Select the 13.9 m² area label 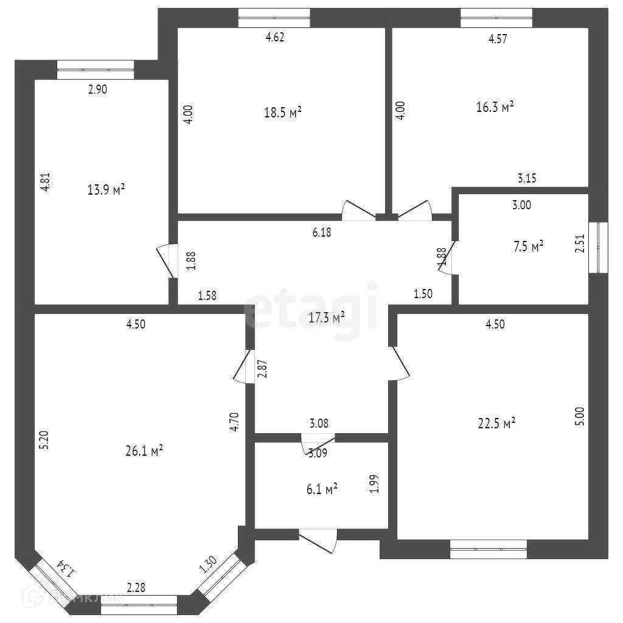(106, 190)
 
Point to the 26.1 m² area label (143, 451)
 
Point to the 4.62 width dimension (275, 37)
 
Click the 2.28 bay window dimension (136, 588)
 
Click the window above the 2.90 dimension (95, 69)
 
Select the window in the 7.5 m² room (602, 247)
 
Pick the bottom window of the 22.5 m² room (489, 549)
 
